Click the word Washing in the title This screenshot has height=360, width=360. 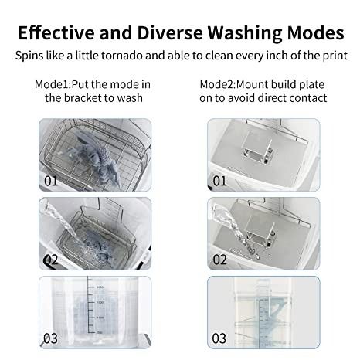pos(245,33)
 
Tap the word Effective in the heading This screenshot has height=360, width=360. pos(56,32)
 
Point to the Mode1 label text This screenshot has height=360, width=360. pos(53,84)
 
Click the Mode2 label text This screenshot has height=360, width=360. pos(218,84)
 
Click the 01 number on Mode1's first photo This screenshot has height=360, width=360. pos(51,181)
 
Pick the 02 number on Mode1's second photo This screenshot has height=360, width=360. pos(51,260)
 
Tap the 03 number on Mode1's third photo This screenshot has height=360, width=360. pos(50,338)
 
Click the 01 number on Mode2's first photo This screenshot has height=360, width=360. pos(219,181)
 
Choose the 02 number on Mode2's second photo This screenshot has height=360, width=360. pos(219,260)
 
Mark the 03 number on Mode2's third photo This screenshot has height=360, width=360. pos(219,338)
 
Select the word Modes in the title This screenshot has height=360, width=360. pos(315,32)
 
